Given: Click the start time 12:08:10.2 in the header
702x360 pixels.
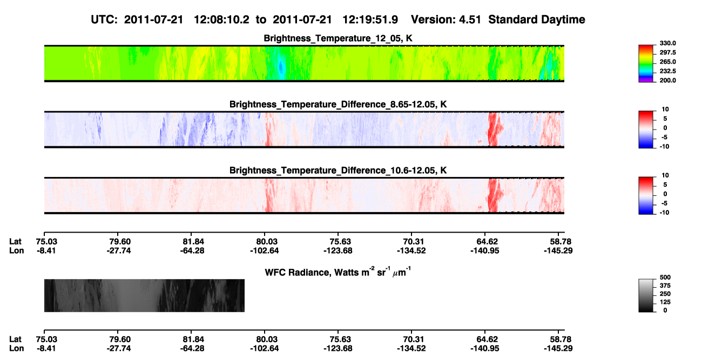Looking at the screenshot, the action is [x=221, y=20].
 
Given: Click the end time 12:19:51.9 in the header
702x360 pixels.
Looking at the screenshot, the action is [x=370, y=20].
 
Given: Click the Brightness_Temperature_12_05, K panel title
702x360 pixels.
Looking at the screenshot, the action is [x=338, y=38].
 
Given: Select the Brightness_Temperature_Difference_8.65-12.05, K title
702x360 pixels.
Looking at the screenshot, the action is [x=338, y=104].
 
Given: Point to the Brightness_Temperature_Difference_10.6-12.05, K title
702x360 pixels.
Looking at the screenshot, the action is [x=338, y=170].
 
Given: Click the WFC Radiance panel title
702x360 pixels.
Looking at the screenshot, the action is [x=338, y=272].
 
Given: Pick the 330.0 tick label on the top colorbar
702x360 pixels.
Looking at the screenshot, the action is [x=667, y=43].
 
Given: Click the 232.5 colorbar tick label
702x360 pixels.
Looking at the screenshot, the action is [x=667, y=71].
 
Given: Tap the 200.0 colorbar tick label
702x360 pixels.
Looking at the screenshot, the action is [x=667, y=80].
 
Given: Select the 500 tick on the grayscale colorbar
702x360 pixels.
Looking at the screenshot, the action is [x=665, y=277].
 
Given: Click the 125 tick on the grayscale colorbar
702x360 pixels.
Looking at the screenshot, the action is [x=665, y=302].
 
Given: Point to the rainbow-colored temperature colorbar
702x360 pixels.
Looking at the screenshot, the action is [x=646, y=64].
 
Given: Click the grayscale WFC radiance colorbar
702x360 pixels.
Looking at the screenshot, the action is [x=646, y=295].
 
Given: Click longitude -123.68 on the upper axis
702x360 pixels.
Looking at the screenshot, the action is [x=338, y=250].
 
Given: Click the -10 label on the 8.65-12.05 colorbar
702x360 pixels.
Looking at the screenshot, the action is [x=664, y=146].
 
